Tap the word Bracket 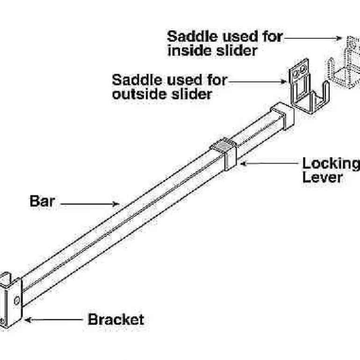pos(116,320)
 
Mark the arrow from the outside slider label pos(257,80)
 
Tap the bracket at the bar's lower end pos(11,299)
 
